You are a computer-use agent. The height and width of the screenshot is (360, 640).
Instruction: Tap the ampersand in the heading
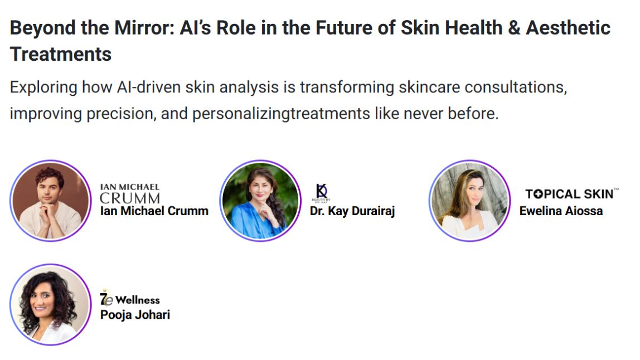click(x=514, y=28)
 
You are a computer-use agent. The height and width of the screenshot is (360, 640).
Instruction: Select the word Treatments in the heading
click(x=60, y=54)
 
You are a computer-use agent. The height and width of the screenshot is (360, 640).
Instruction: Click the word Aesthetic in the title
click(x=568, y=28)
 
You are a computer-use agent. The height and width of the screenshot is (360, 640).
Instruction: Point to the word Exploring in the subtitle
click(x=43, y=87)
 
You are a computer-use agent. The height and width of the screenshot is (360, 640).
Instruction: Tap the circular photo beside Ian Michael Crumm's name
click(x=51, y=201)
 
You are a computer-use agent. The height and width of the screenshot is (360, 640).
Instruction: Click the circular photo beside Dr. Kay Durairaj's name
click(x=260, y=201)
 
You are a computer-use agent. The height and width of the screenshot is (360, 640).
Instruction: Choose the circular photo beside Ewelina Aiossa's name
click(x=470, y=201)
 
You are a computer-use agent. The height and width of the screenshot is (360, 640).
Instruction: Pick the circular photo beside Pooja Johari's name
click(x=51, y=304)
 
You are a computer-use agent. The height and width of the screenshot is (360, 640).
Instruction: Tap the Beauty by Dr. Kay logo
click(x=321, y=193)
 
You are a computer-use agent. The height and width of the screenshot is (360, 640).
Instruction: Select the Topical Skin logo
click(x=571, y=193)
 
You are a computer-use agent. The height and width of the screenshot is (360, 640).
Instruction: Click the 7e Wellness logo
click(x=130, y=298)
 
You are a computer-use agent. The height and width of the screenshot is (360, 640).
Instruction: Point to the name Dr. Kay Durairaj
click(x=352, y=211)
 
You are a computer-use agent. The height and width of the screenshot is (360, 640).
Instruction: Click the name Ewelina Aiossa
click(x=561, y=211)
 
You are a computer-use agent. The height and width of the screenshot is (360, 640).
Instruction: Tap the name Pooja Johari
click(x=135, y=315)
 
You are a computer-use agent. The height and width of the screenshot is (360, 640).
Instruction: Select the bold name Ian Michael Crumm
click(x=154, y=211)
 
